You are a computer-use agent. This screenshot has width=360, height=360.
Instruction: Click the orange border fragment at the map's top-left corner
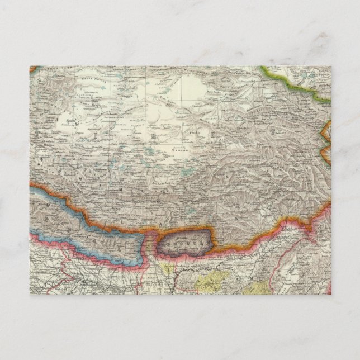click(32, 69)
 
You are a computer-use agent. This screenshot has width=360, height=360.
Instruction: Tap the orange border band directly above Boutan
click(184, 228)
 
